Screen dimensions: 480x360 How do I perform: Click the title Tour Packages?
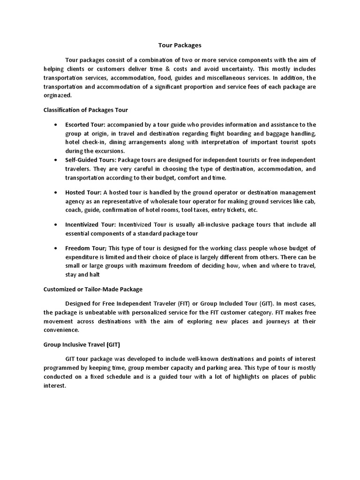[x=179, y=45]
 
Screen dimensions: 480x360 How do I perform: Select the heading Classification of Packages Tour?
[x=85, y=110]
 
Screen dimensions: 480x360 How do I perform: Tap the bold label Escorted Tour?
[x=85, y=124]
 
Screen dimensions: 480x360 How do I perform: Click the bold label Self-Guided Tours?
[x=90, y=160]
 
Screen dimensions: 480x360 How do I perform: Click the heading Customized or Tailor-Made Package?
[x=93, y=289]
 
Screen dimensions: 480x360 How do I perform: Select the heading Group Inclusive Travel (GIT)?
[x=82, y=345]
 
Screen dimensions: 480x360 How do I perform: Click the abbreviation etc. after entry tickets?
[x=252, y=210]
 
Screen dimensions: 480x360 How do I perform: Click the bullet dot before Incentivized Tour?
[x=56, y=225]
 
